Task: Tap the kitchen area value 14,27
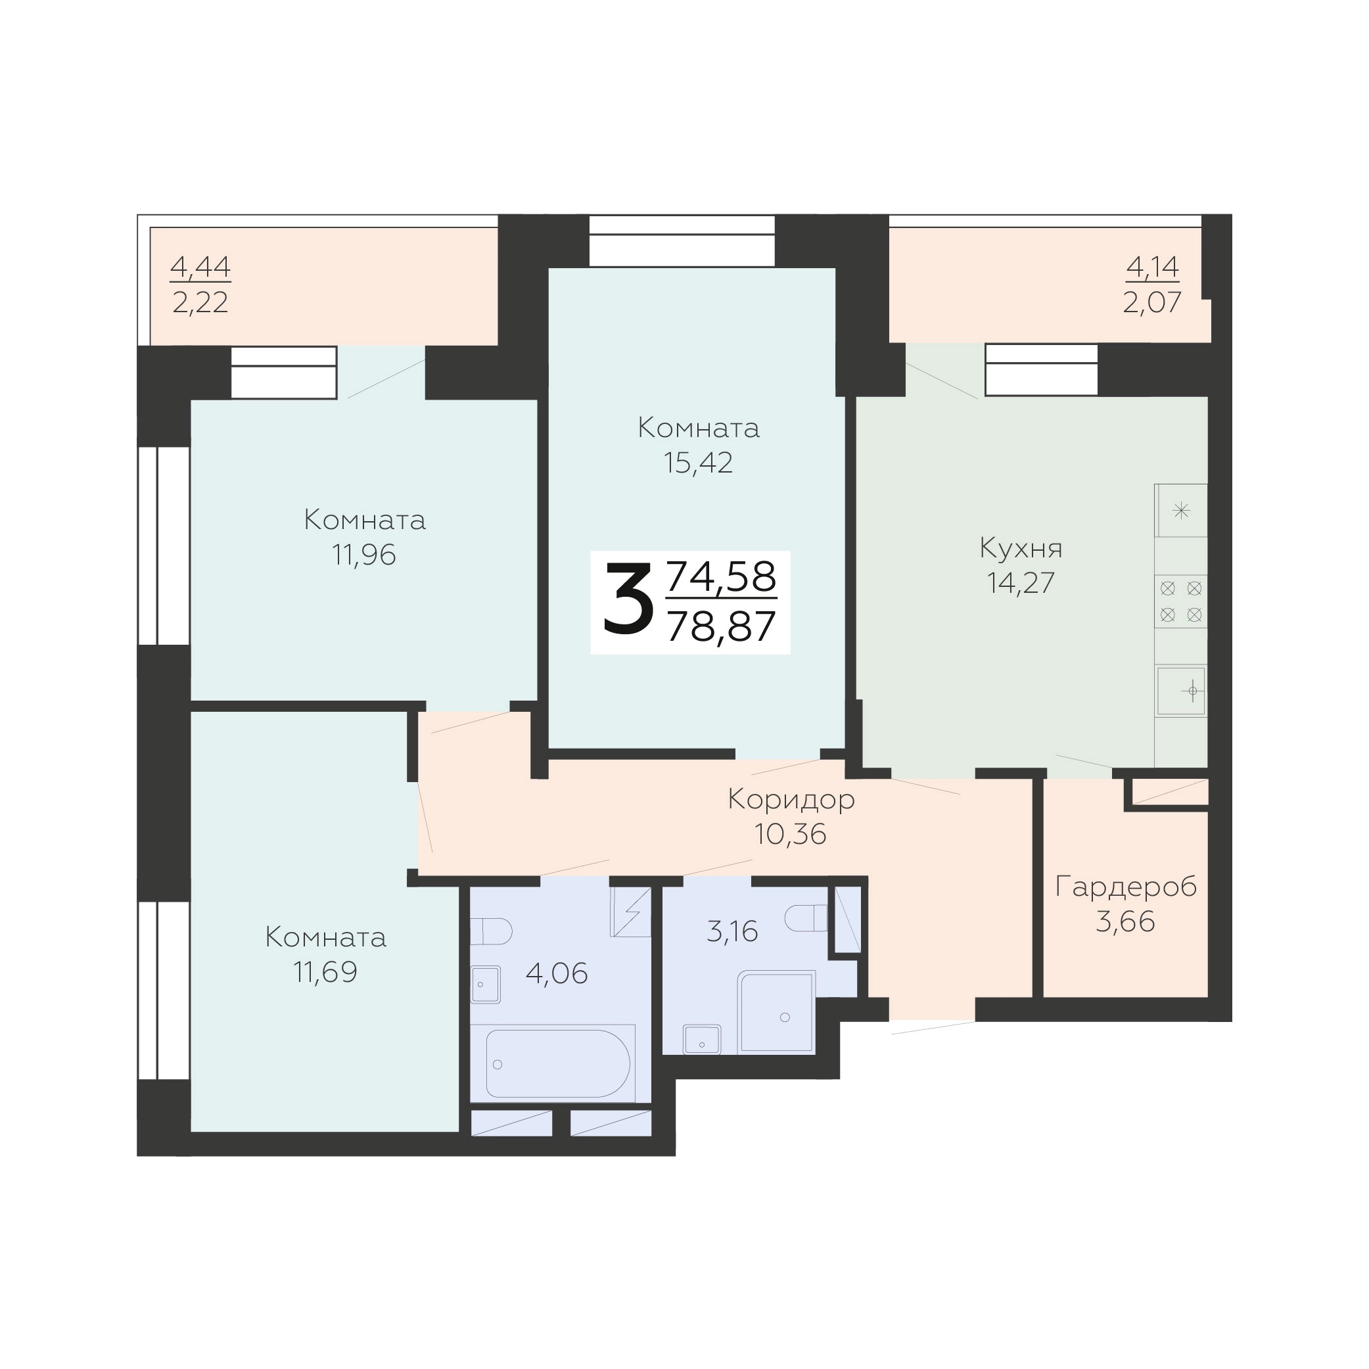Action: [x=1021, y=582]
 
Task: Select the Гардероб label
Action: [x=1126, y=887]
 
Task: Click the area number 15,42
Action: [x=698, y=463]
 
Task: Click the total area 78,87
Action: [x=722, y=626]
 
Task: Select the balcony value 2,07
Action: [x=1151, y=302]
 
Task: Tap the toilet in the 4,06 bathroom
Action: [x=491, y=932]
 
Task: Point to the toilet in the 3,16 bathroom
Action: [x=806, y=918]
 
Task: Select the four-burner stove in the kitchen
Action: [x=1180, y=601]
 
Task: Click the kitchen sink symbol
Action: [x=1181, y=690]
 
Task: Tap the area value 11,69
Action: [x=325, y=972]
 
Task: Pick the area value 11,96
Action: [x=364, y=555]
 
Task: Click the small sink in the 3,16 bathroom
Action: [x=701, y=1040]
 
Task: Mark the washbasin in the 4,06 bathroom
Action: [x=486, y=985]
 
